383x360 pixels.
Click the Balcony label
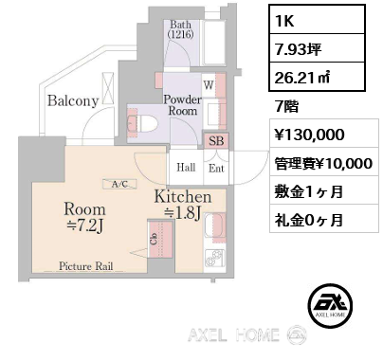click(73, 100)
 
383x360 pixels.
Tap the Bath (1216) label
click(180, 29)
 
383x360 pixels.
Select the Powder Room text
click(182, 105)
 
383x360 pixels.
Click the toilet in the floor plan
click(142, 122)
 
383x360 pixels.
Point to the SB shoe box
click(216, 140)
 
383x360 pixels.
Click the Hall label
click(186, 167)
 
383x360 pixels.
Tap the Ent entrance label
click(216, 169)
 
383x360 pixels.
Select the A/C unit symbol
click(119, 184)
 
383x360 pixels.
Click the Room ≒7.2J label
click(84, 217)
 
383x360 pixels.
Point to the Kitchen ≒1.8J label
click(183, 205)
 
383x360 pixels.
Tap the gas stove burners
click(214, 258)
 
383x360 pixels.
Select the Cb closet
click(160, 239)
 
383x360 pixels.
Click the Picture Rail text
click(85, 266)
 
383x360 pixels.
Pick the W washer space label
click(209, 84)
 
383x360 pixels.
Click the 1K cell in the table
click(317, 19)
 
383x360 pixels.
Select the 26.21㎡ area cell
click(317, 77)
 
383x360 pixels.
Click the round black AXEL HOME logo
click(330, 305)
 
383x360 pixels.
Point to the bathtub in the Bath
click(213, 42)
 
